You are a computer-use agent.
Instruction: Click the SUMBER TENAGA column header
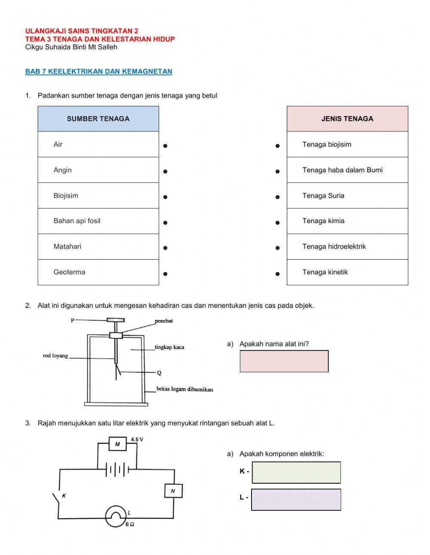click(98, 119)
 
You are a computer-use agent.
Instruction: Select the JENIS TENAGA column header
click(347, 119)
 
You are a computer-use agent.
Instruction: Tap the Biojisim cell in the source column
click(98, 196)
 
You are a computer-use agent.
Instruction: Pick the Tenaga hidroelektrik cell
click(347, 247)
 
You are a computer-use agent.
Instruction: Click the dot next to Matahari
click(165, 248)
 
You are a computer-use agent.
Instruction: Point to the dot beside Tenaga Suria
click(278, 197)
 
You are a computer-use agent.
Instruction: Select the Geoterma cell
click(98, 272)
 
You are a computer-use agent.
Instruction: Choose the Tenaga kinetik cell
click(347, 272)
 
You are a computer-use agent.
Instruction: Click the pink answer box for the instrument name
click(284, 361)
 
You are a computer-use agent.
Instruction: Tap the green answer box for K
click(296, 472)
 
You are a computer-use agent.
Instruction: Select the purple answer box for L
click(296, 500)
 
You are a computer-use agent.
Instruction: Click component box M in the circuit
click(117, 444)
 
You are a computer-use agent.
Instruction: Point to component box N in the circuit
click(173, 491)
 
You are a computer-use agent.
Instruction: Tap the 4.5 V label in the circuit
click(137, 439)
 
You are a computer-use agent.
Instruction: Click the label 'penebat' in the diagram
click(164, 321)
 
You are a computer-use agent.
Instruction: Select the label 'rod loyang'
click(55, 356)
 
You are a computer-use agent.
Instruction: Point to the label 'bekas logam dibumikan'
click(184, 389)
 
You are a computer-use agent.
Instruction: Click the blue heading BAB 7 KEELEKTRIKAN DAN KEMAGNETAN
click(98, 71)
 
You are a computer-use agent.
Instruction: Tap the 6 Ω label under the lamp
click(130, 524)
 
